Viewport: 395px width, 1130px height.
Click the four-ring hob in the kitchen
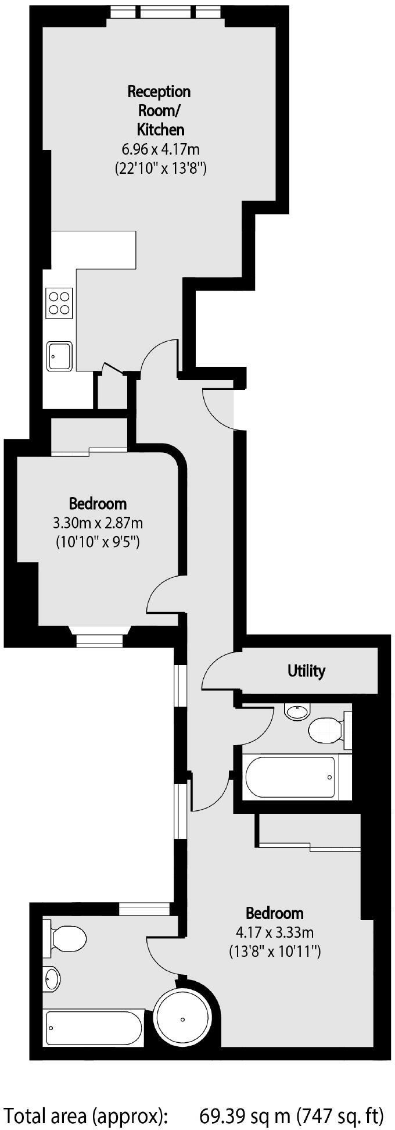(x=60, y=303)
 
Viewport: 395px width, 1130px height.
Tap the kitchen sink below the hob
(x=60, y=355)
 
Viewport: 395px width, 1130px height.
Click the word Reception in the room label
(x=159, y=92)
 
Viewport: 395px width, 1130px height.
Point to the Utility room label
(x=306, y=671)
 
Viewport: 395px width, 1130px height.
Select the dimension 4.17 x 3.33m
(x=275, y=933)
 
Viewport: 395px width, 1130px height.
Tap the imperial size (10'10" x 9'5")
(x=98, y=542)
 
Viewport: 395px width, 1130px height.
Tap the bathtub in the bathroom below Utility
(x=290, y=777)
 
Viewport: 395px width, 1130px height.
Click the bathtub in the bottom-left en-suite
(x=93, y=1028)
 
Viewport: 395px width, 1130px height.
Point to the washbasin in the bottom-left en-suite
(x=51, y=979)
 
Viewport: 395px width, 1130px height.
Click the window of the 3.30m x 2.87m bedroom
(x=99, y=641)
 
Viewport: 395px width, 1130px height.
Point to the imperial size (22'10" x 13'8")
(x=160, y=169)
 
